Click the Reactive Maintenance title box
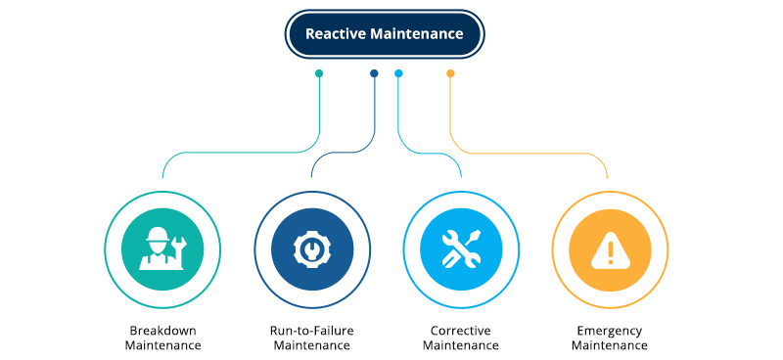384,34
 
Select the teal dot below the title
319,73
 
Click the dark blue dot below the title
374,73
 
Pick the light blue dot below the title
398,73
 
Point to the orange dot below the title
450,73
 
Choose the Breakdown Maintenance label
164,337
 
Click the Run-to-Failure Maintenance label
312,337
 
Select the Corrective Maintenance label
461,337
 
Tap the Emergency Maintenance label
609,337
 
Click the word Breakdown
164,330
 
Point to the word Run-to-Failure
312,330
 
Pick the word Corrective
461,330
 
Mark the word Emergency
609,330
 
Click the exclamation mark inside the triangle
610,253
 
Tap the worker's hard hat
157,235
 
